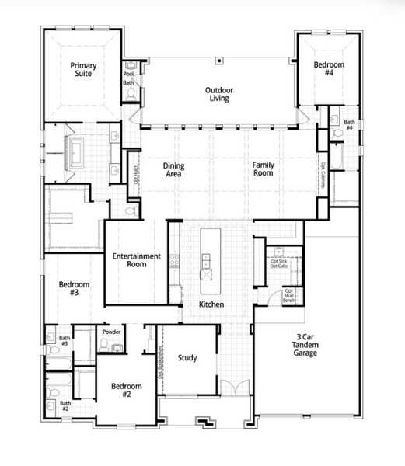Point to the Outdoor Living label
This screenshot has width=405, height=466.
[x=220, y=94]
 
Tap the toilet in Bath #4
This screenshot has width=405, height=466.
[x=335, y=133]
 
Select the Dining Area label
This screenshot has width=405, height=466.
[x=173, y=169]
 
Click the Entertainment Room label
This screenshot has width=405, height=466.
[x=136, y=259]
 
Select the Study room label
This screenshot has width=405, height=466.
[x=187, y=358]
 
